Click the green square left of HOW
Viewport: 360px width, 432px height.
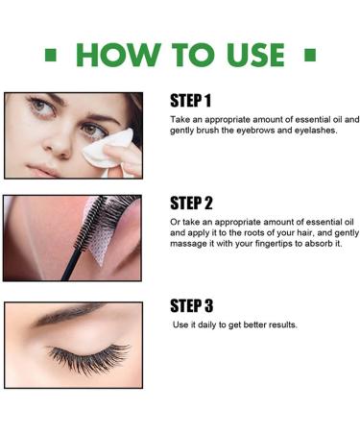pyautogui.click(x=51, y=55)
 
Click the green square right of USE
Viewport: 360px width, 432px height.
pyautogui.click(x=310, y=55)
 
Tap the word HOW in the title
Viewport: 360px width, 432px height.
pyautogui.click(x=118, y=55)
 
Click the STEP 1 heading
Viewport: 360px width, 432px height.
pyautogui.click(x=190, y=101)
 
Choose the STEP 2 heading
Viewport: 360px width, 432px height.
pyautogui.click(x=191, y=204)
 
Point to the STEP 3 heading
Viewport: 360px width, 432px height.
pyautogui.click(x=191, y=305)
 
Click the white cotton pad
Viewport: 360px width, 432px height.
pyautogui.click(x=108, y=148)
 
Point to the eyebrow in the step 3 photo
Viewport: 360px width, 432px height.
pyautogui.click(x=69, y=313)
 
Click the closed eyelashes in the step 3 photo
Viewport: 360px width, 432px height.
pyautogui.click(x=88, y=358)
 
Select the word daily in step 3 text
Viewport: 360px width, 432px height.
pyautogui.click(x=206, y=324)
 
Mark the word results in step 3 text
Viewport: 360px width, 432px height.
pyautogui.click(x=283, y=324)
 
